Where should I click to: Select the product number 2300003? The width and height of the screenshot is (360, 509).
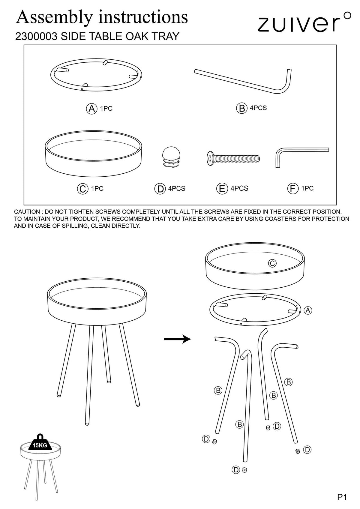click(x=36, y=36)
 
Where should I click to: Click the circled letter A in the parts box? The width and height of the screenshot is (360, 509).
click(x=91, y=109)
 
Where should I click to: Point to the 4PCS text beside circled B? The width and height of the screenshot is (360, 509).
click(x=258, y=108)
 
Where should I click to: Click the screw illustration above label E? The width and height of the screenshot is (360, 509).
click(x=233, y=158)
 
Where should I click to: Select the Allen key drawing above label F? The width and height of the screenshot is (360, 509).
click(x=302, y=157)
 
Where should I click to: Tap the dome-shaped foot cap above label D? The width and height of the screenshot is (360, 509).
click(x=171, y=157)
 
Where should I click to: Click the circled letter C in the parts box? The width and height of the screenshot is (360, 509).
click(x=82, y=189)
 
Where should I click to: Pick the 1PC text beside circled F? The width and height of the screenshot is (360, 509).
click(x=307, y=188)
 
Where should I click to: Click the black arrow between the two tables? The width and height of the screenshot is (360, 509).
click(x=178, y=339)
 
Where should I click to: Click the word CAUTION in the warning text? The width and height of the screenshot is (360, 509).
click(x=27, y=212)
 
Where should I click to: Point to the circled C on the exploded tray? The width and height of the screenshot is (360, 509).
click(x=272, y=263)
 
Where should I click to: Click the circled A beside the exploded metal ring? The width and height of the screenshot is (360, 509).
click(x=308, y=310)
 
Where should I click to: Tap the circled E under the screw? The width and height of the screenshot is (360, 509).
click(x=222, y=189)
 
